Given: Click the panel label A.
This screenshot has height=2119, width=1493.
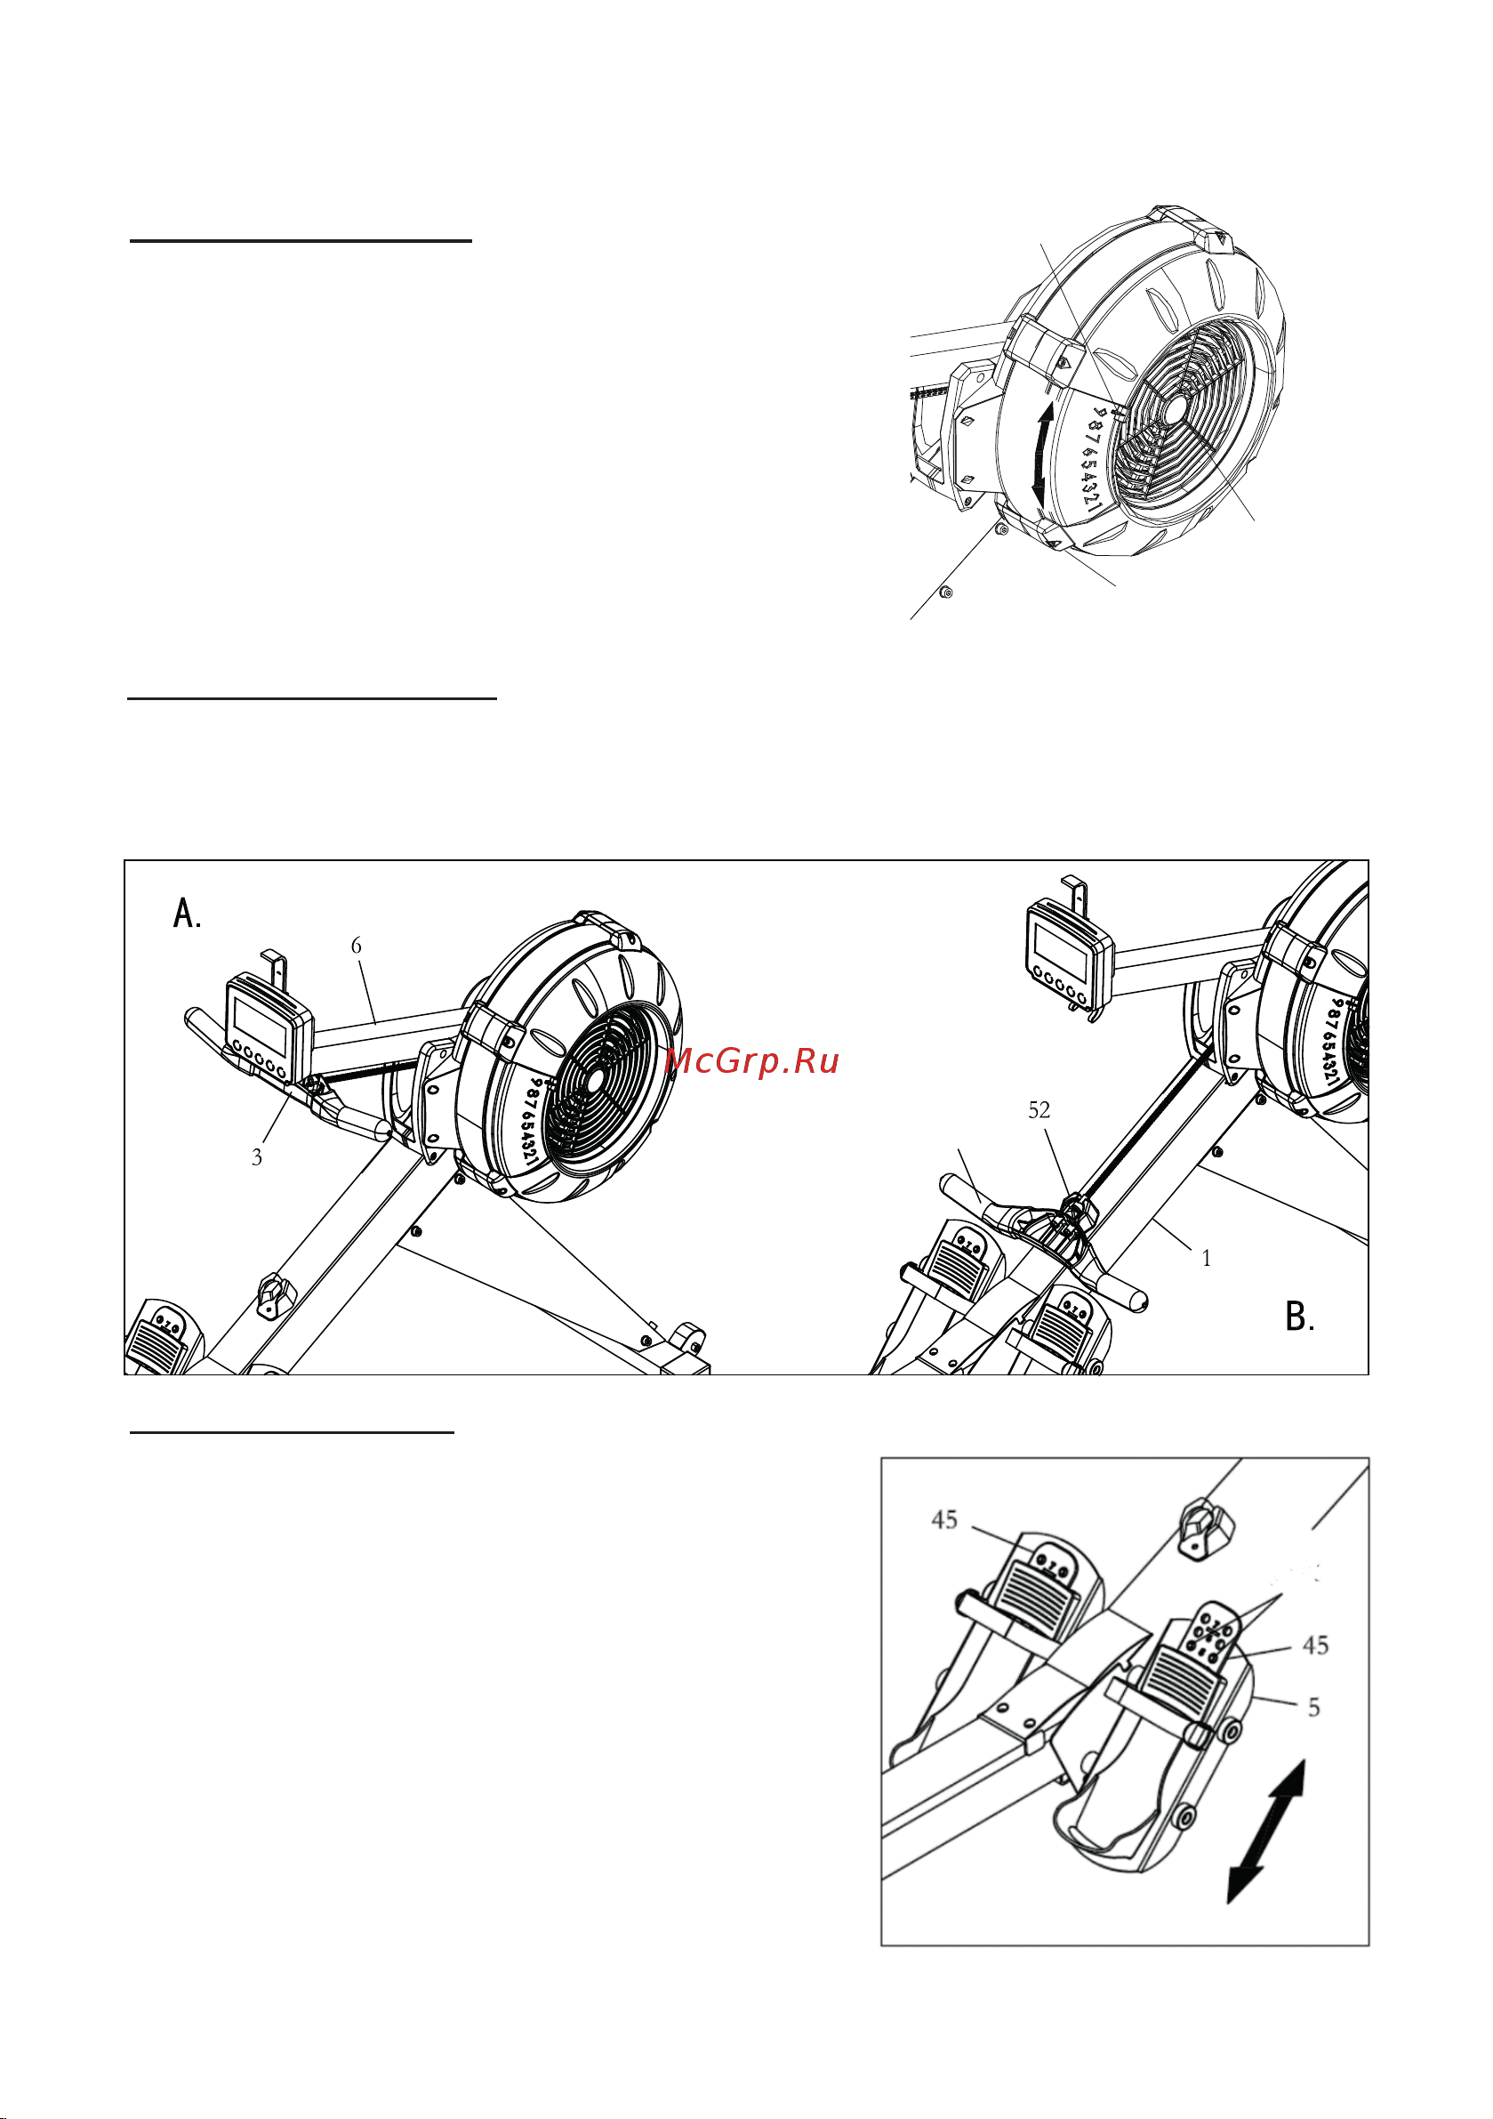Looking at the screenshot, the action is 188,913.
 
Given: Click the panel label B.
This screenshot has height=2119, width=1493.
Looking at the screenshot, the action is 1299,1316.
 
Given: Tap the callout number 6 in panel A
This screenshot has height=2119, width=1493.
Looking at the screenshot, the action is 357,945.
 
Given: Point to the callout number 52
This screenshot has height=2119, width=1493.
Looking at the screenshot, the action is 1039,1109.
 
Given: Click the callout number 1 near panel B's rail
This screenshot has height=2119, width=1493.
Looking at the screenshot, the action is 1206,1258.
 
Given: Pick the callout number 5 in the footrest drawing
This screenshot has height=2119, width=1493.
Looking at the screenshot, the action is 1314,1707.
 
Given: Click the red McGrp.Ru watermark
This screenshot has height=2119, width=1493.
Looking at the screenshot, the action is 752,1061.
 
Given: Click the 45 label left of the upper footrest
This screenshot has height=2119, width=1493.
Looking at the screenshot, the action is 944,1519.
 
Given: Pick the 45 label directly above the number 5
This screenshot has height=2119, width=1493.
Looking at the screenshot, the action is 1315,1645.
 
